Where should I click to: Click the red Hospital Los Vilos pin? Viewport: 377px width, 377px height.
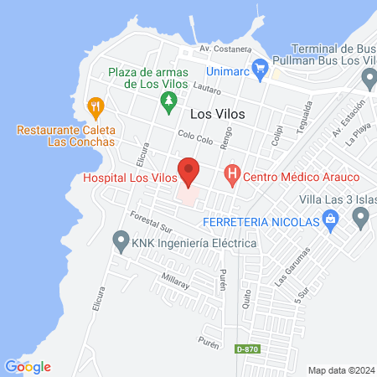pos(189,171)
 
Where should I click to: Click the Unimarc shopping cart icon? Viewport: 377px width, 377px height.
pos(260,66)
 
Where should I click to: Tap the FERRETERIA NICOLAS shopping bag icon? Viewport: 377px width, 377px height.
pos(332,221)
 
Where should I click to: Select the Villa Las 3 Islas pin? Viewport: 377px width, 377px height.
pos(361,218)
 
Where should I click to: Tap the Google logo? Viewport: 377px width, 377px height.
pos(28,366)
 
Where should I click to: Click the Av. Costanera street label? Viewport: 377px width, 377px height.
pos(220,49)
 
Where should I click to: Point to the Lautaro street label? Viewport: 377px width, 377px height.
pos(204,88)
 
